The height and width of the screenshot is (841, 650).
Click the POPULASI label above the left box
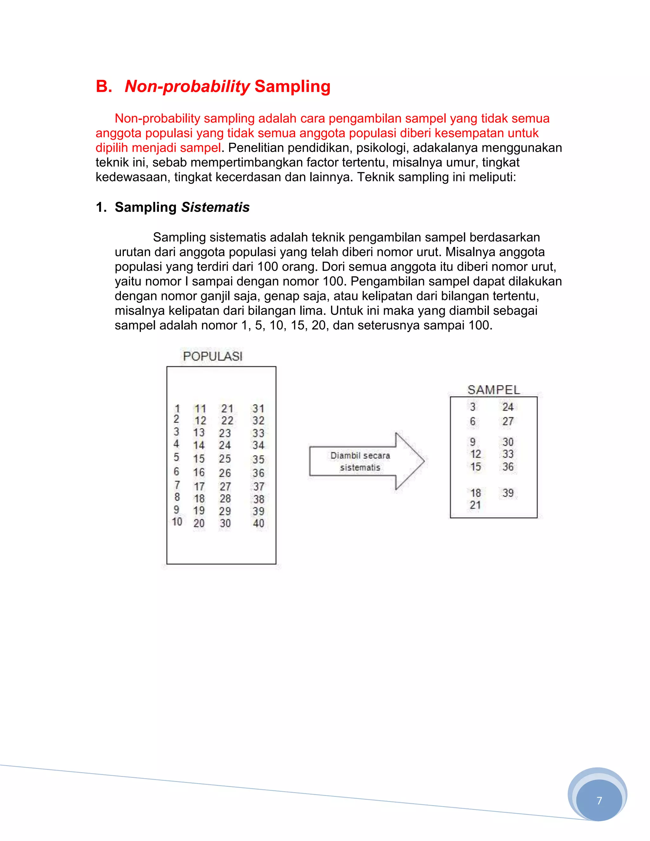tap(213, 356)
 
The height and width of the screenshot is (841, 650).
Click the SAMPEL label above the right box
tap(493, 390)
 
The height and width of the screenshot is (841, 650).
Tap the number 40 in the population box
tap(258, 523)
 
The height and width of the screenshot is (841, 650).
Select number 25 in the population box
tap(225, 459)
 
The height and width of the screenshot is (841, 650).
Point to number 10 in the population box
tap(177, 522)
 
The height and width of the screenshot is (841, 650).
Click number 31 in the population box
tap(258, 408)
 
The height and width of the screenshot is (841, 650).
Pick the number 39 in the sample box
tap(508, 493)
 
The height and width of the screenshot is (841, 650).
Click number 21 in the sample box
tap(475, 505)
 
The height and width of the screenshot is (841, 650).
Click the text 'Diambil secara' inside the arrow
tap(360, 455)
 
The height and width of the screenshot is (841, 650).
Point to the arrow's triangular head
tap(410, 461)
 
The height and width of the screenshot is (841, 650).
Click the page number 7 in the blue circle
tap(599, 801)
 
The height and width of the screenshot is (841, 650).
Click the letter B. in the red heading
tap(103, 86)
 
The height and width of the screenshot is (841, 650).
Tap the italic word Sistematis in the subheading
tap(215, 207)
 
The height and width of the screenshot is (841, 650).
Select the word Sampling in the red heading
tap(292, 86)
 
